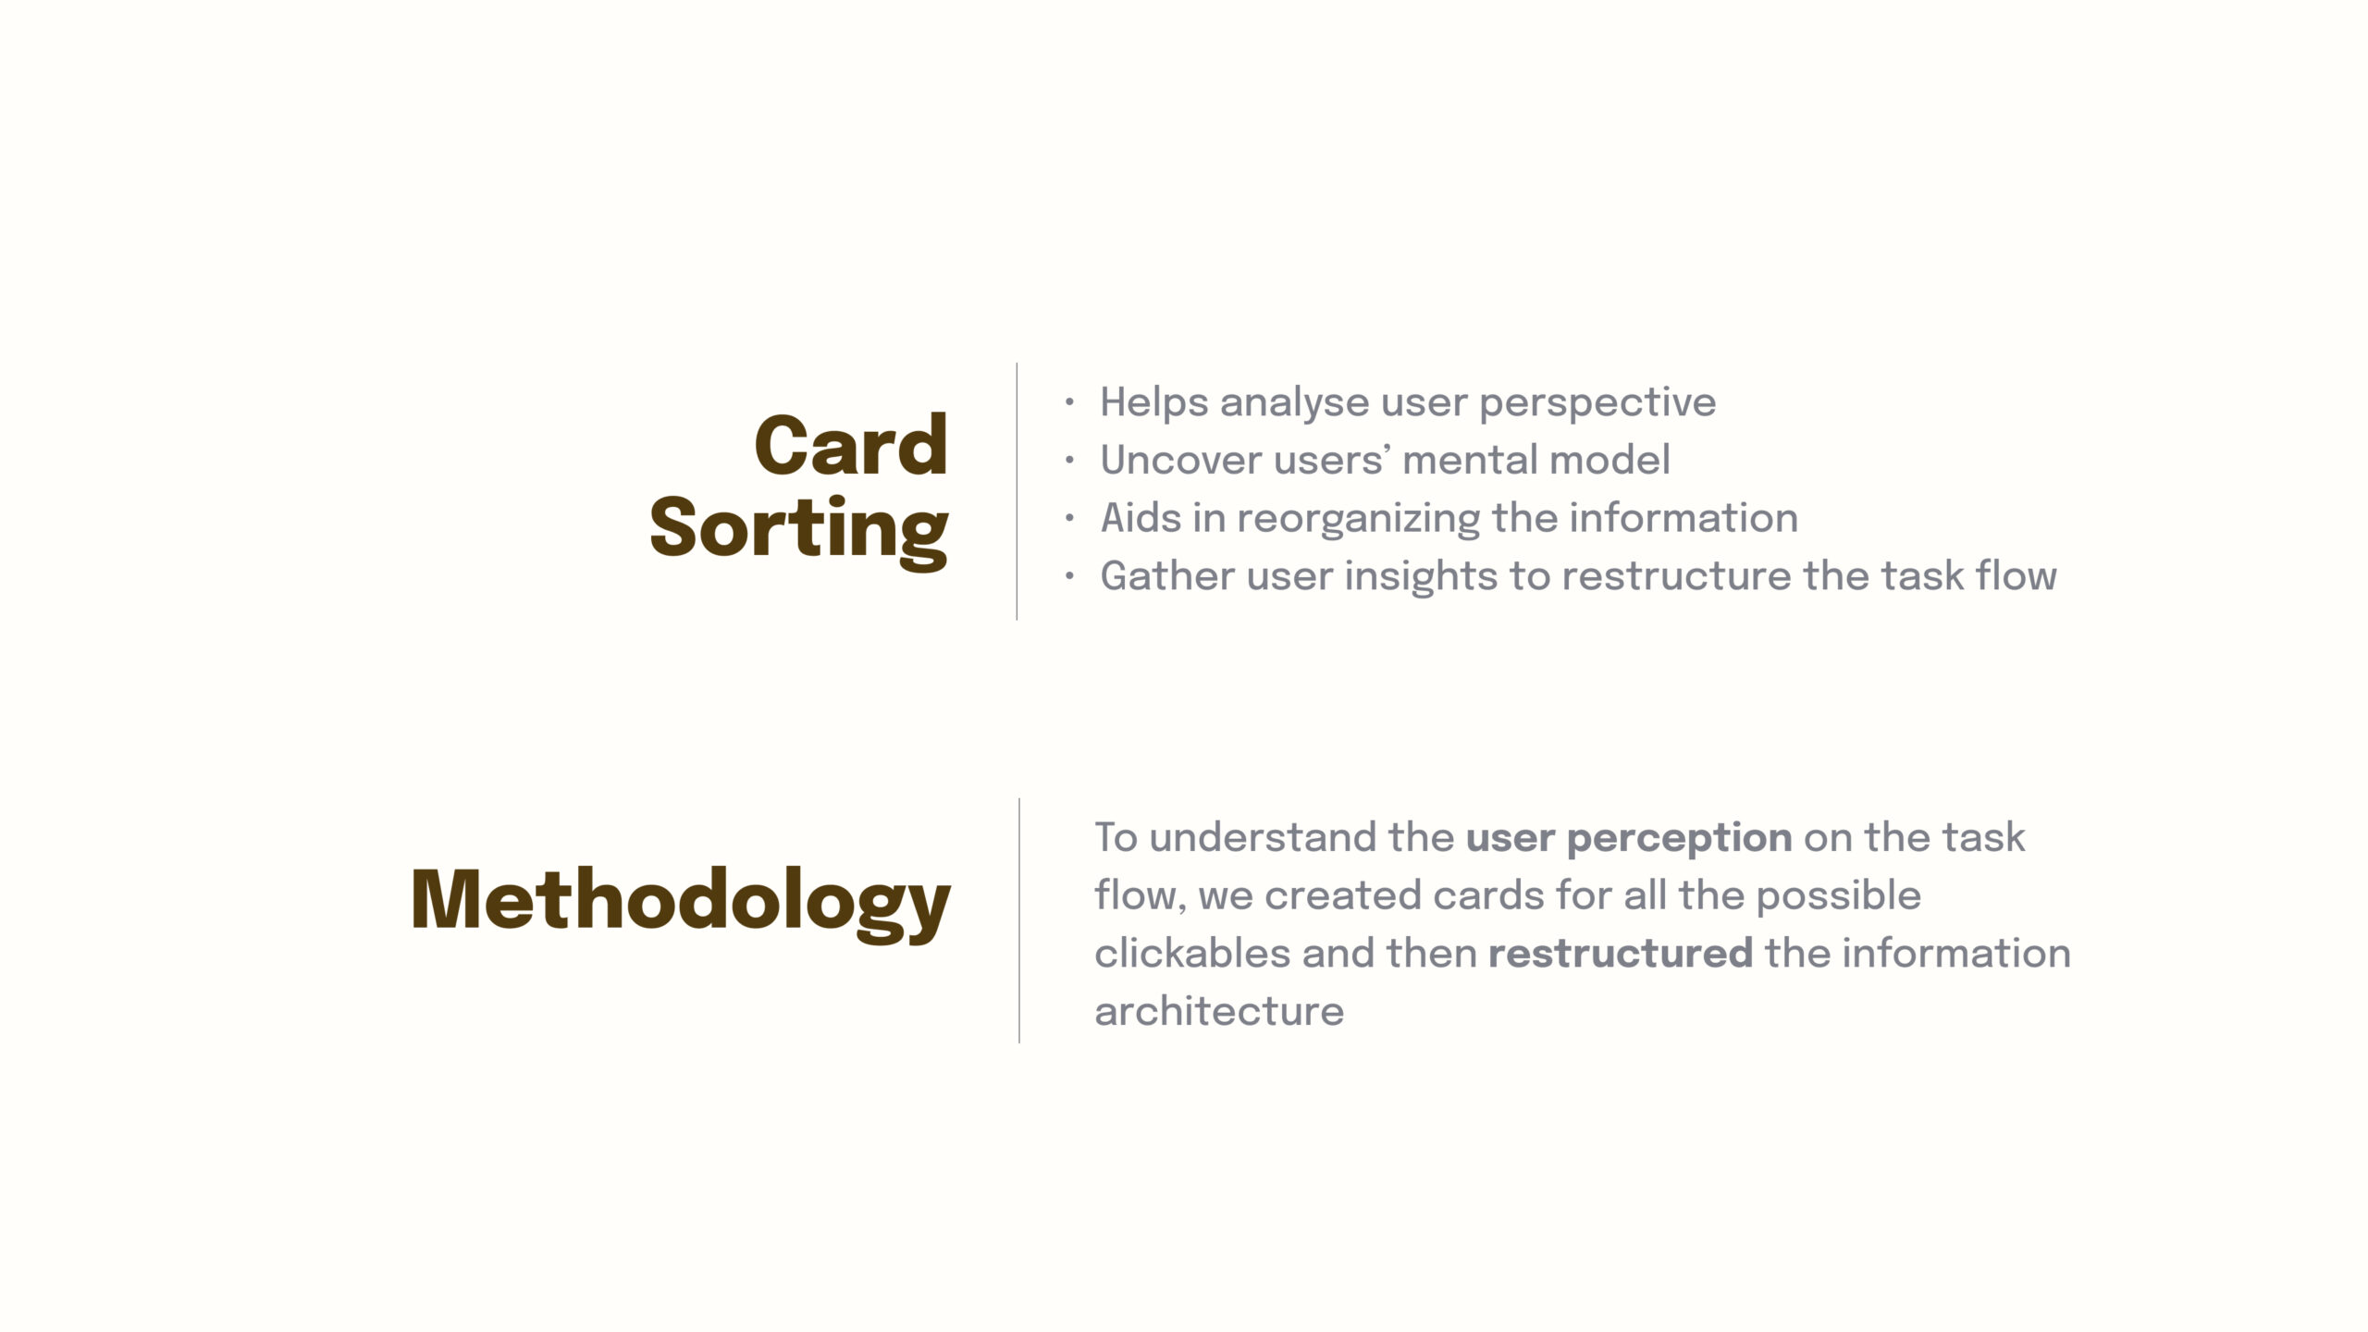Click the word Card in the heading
[851, 446]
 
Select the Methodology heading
[680, 903]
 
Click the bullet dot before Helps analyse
[1069, 402]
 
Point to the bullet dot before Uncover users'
[1069, 460]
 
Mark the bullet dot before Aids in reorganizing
[1069, 518]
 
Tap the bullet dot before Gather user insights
[1069, 576]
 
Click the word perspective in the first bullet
[1597, 405]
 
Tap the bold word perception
[1680, 840]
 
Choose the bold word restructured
[1621, 954]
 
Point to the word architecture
[1219, 1012]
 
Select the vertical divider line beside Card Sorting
[1017, 491]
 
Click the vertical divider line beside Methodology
[1019, 920]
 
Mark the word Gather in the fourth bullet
[1167, 576]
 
